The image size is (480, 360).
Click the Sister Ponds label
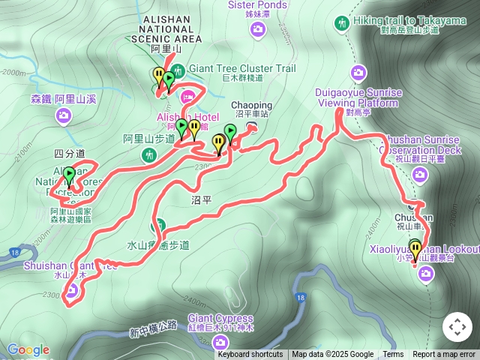(257, 5)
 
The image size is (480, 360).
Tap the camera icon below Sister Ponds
(257, 29)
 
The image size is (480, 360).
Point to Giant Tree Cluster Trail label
(237, 68)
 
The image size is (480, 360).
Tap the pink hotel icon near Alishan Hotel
(187, 95)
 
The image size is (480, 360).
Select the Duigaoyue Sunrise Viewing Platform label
(360, 97)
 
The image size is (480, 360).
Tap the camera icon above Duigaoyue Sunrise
(359, 73)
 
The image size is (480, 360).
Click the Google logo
(28, 350)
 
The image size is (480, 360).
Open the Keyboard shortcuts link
(250, 355)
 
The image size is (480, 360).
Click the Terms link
(393, 355)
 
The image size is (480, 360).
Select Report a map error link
(444, 355)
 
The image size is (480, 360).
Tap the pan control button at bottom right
(457, 327)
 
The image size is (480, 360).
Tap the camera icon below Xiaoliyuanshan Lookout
(426, 275)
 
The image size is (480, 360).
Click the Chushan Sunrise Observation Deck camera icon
(419, 175)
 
